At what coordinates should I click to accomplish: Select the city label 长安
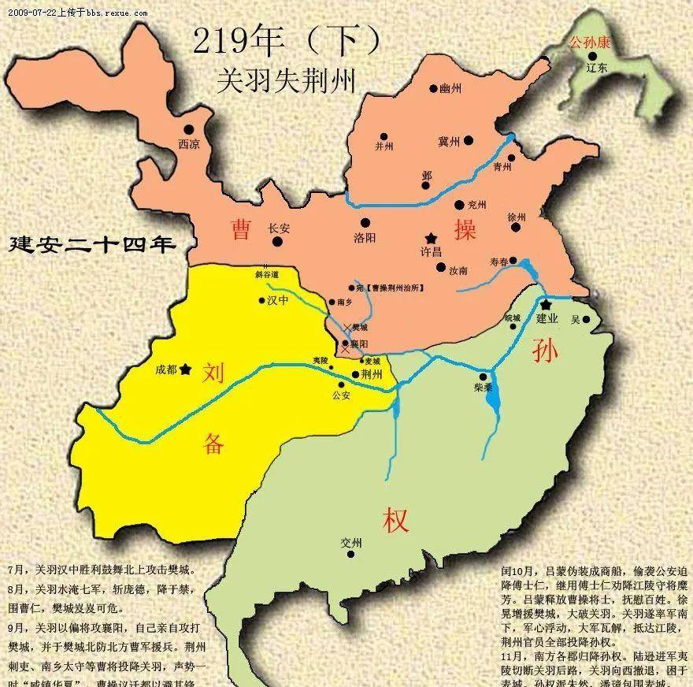279,227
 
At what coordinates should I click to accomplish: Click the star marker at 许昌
430,236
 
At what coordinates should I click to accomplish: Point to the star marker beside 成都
186,368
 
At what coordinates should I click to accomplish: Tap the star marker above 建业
545,303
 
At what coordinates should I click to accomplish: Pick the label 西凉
189,144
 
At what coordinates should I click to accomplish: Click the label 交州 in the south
351,543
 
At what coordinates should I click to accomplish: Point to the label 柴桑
484,388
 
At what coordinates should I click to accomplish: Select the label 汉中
276,300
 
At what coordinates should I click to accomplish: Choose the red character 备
214,444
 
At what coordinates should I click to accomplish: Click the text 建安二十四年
90,243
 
